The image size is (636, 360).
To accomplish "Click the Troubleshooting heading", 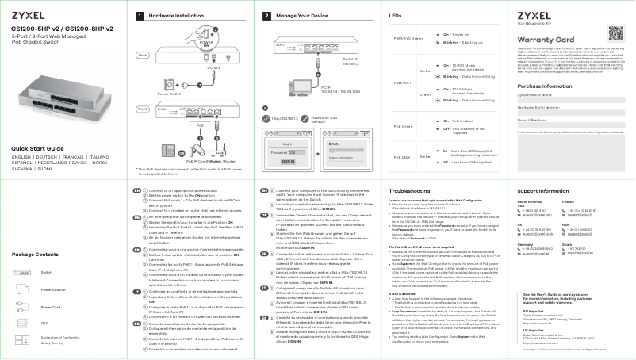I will [x=411, y=191].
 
